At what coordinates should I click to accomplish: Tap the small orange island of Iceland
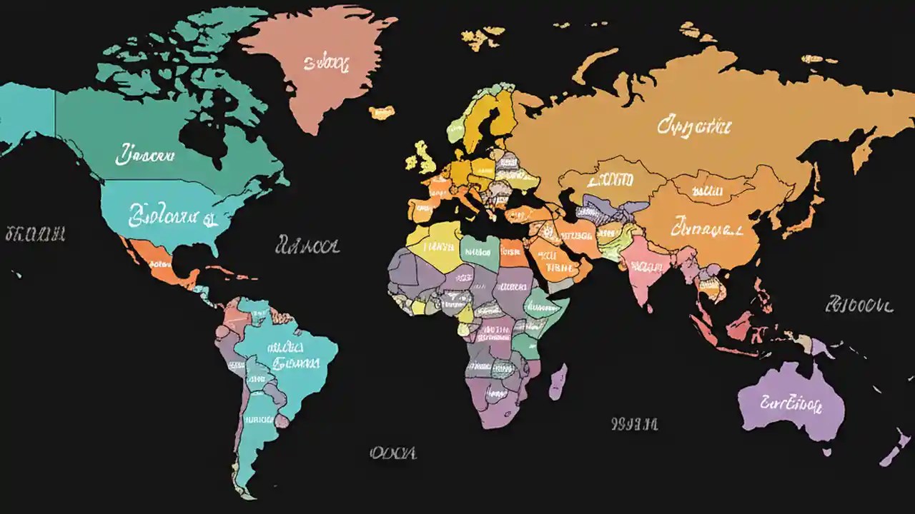click(x=382, y=112)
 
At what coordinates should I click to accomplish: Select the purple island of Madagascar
click(x=558, y=381)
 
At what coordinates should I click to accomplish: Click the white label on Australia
click(x=791, y=404)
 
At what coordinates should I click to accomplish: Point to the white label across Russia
click(x=694, y=127)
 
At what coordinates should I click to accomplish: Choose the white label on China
click(x=706, y=229)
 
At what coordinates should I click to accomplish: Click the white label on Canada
click(x=145, y=153)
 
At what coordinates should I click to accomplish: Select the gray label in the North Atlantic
click(x=307, y=247)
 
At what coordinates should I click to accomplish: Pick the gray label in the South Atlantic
click(x=393, y=453)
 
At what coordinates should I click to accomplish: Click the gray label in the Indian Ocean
click(x=634, y=424)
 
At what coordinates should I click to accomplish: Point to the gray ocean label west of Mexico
click(x=35, y=233)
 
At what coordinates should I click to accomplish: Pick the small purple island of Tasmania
click(x=826, y=451)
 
